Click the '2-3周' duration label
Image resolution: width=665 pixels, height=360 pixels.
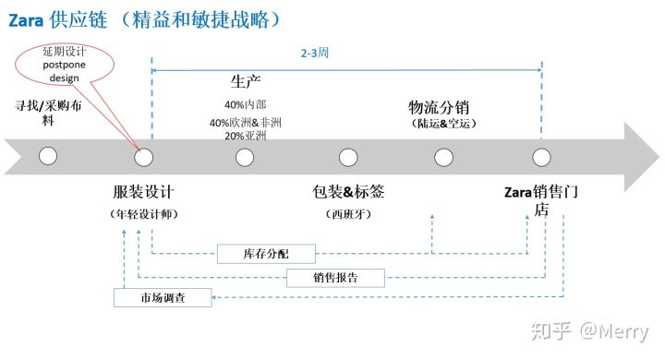coord(315,53)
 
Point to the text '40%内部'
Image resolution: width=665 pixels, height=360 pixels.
coord(245,104)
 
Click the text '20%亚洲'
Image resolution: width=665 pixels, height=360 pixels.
coord(245,136)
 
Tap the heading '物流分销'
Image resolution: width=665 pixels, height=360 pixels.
coord(441,107)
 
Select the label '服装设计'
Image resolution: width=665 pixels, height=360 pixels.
coord(143,192)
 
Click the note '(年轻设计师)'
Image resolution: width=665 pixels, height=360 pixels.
coord(143,214)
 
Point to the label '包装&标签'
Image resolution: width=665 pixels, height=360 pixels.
coord(349,192)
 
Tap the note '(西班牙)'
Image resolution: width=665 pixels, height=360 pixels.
coord(349,214)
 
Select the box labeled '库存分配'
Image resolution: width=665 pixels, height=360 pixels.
coord(266,253)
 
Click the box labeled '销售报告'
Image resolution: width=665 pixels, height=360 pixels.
coord(335,276)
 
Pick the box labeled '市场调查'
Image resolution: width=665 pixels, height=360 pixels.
coord(163,297)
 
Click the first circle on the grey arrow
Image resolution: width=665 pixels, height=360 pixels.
coord(49,157)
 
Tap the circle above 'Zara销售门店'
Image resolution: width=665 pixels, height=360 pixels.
coord(540,157)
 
